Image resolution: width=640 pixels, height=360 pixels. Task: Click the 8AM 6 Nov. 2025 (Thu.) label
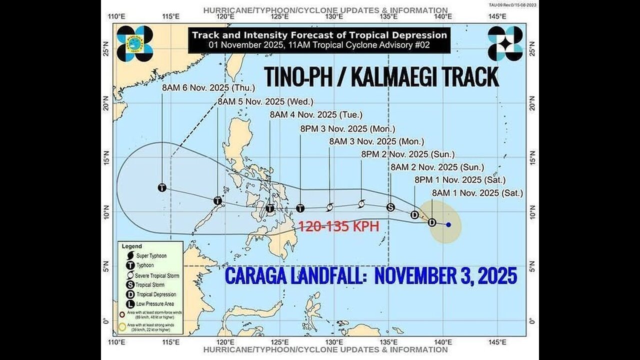pyautogui.click(x=208, y=88)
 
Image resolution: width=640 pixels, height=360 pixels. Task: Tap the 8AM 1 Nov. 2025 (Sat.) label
pyautogui.click(x=477, y=193)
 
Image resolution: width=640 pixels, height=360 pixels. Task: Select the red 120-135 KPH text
pyautogui.click(x=338, y=226)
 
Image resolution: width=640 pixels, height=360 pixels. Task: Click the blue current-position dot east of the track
pyautogui.click(x=448, y=224)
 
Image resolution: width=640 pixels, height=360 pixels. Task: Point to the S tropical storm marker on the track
pyautogui.click(x=390, y=207)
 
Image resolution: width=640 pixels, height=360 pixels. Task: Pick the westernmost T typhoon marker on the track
pyautogui.click(x=162, y=187)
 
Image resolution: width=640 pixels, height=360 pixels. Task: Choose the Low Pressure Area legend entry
pyautogui.click(x=145, y=304)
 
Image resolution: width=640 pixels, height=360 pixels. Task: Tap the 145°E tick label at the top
pyautogui.click(x=497, y=16)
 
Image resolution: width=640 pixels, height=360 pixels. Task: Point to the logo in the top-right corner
pyautogui.click(x=505, y=43)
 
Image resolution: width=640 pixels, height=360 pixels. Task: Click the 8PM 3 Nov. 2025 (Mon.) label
pyautogui.click(x=347, y=128)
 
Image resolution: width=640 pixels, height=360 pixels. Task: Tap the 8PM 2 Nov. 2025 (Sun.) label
pyautogui.click(x=408, y=154)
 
